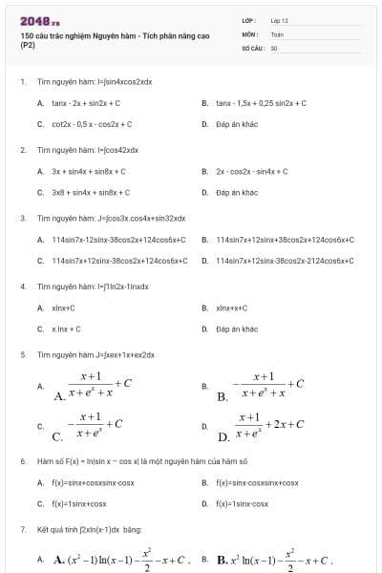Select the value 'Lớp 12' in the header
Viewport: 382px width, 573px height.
pyautogui.click(x=279, y=20)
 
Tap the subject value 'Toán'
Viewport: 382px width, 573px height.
pyautogui.click(x=277, y=33)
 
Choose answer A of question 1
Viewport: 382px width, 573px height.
pyautogui.click(x=85, y=103)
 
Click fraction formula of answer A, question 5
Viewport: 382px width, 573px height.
pyautogui.click(x=94, y=386)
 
